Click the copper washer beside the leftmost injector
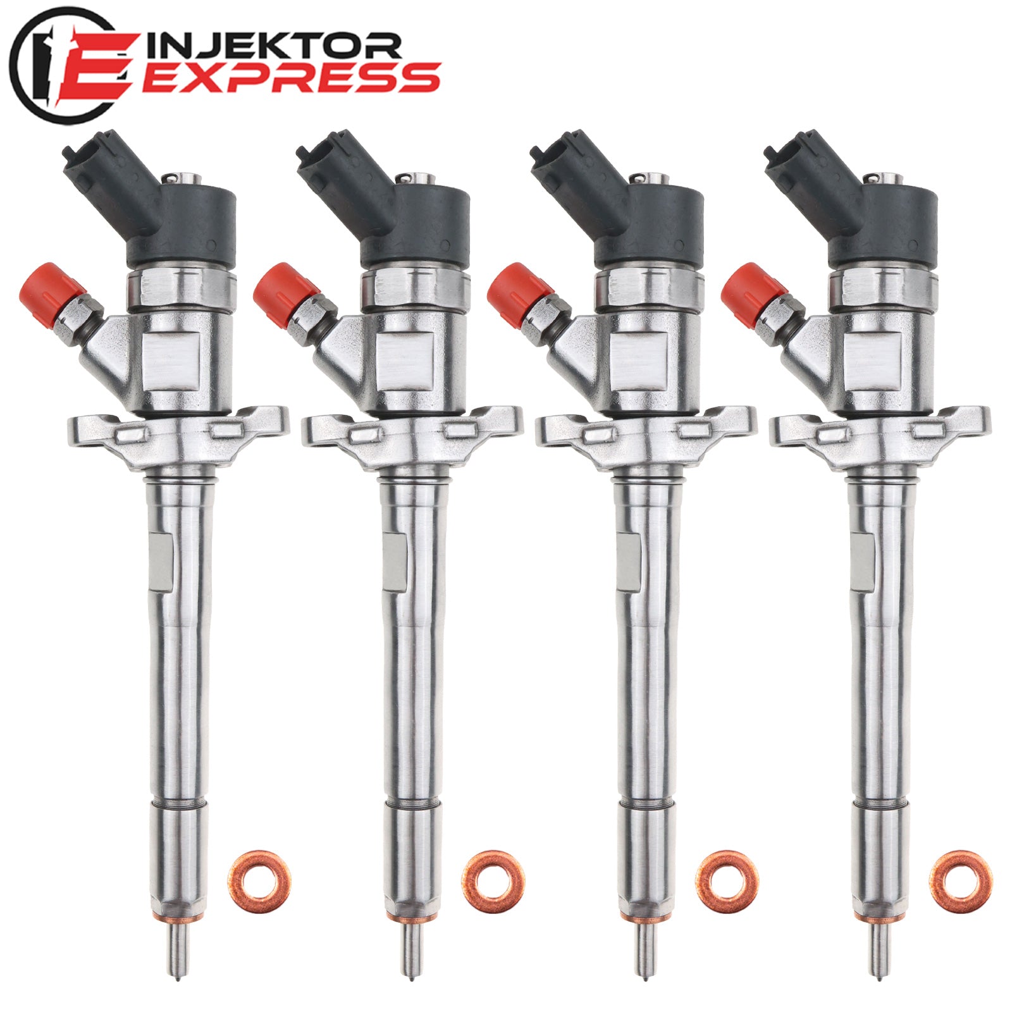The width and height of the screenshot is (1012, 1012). pos(259,881)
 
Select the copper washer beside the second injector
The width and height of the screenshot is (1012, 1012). pos(493,881)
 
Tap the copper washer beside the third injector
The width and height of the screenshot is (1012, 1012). pos(727,881)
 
